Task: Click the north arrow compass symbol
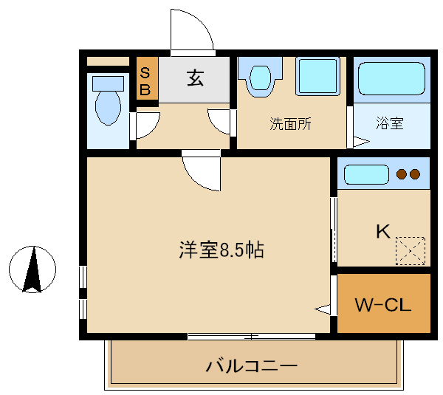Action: [32, 269]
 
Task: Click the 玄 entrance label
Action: [195, 78]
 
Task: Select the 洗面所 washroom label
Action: [290, 124]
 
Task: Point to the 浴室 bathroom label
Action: [389, 124]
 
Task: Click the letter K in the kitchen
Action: [382, 231]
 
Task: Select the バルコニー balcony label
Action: [251, 365]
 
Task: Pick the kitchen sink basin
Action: [366, 175]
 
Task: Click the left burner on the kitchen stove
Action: [402, 175]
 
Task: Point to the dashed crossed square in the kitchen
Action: [411, 250]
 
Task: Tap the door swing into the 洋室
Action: [201, 171]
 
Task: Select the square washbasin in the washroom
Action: [317, 76]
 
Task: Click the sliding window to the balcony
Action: [251, 337]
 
